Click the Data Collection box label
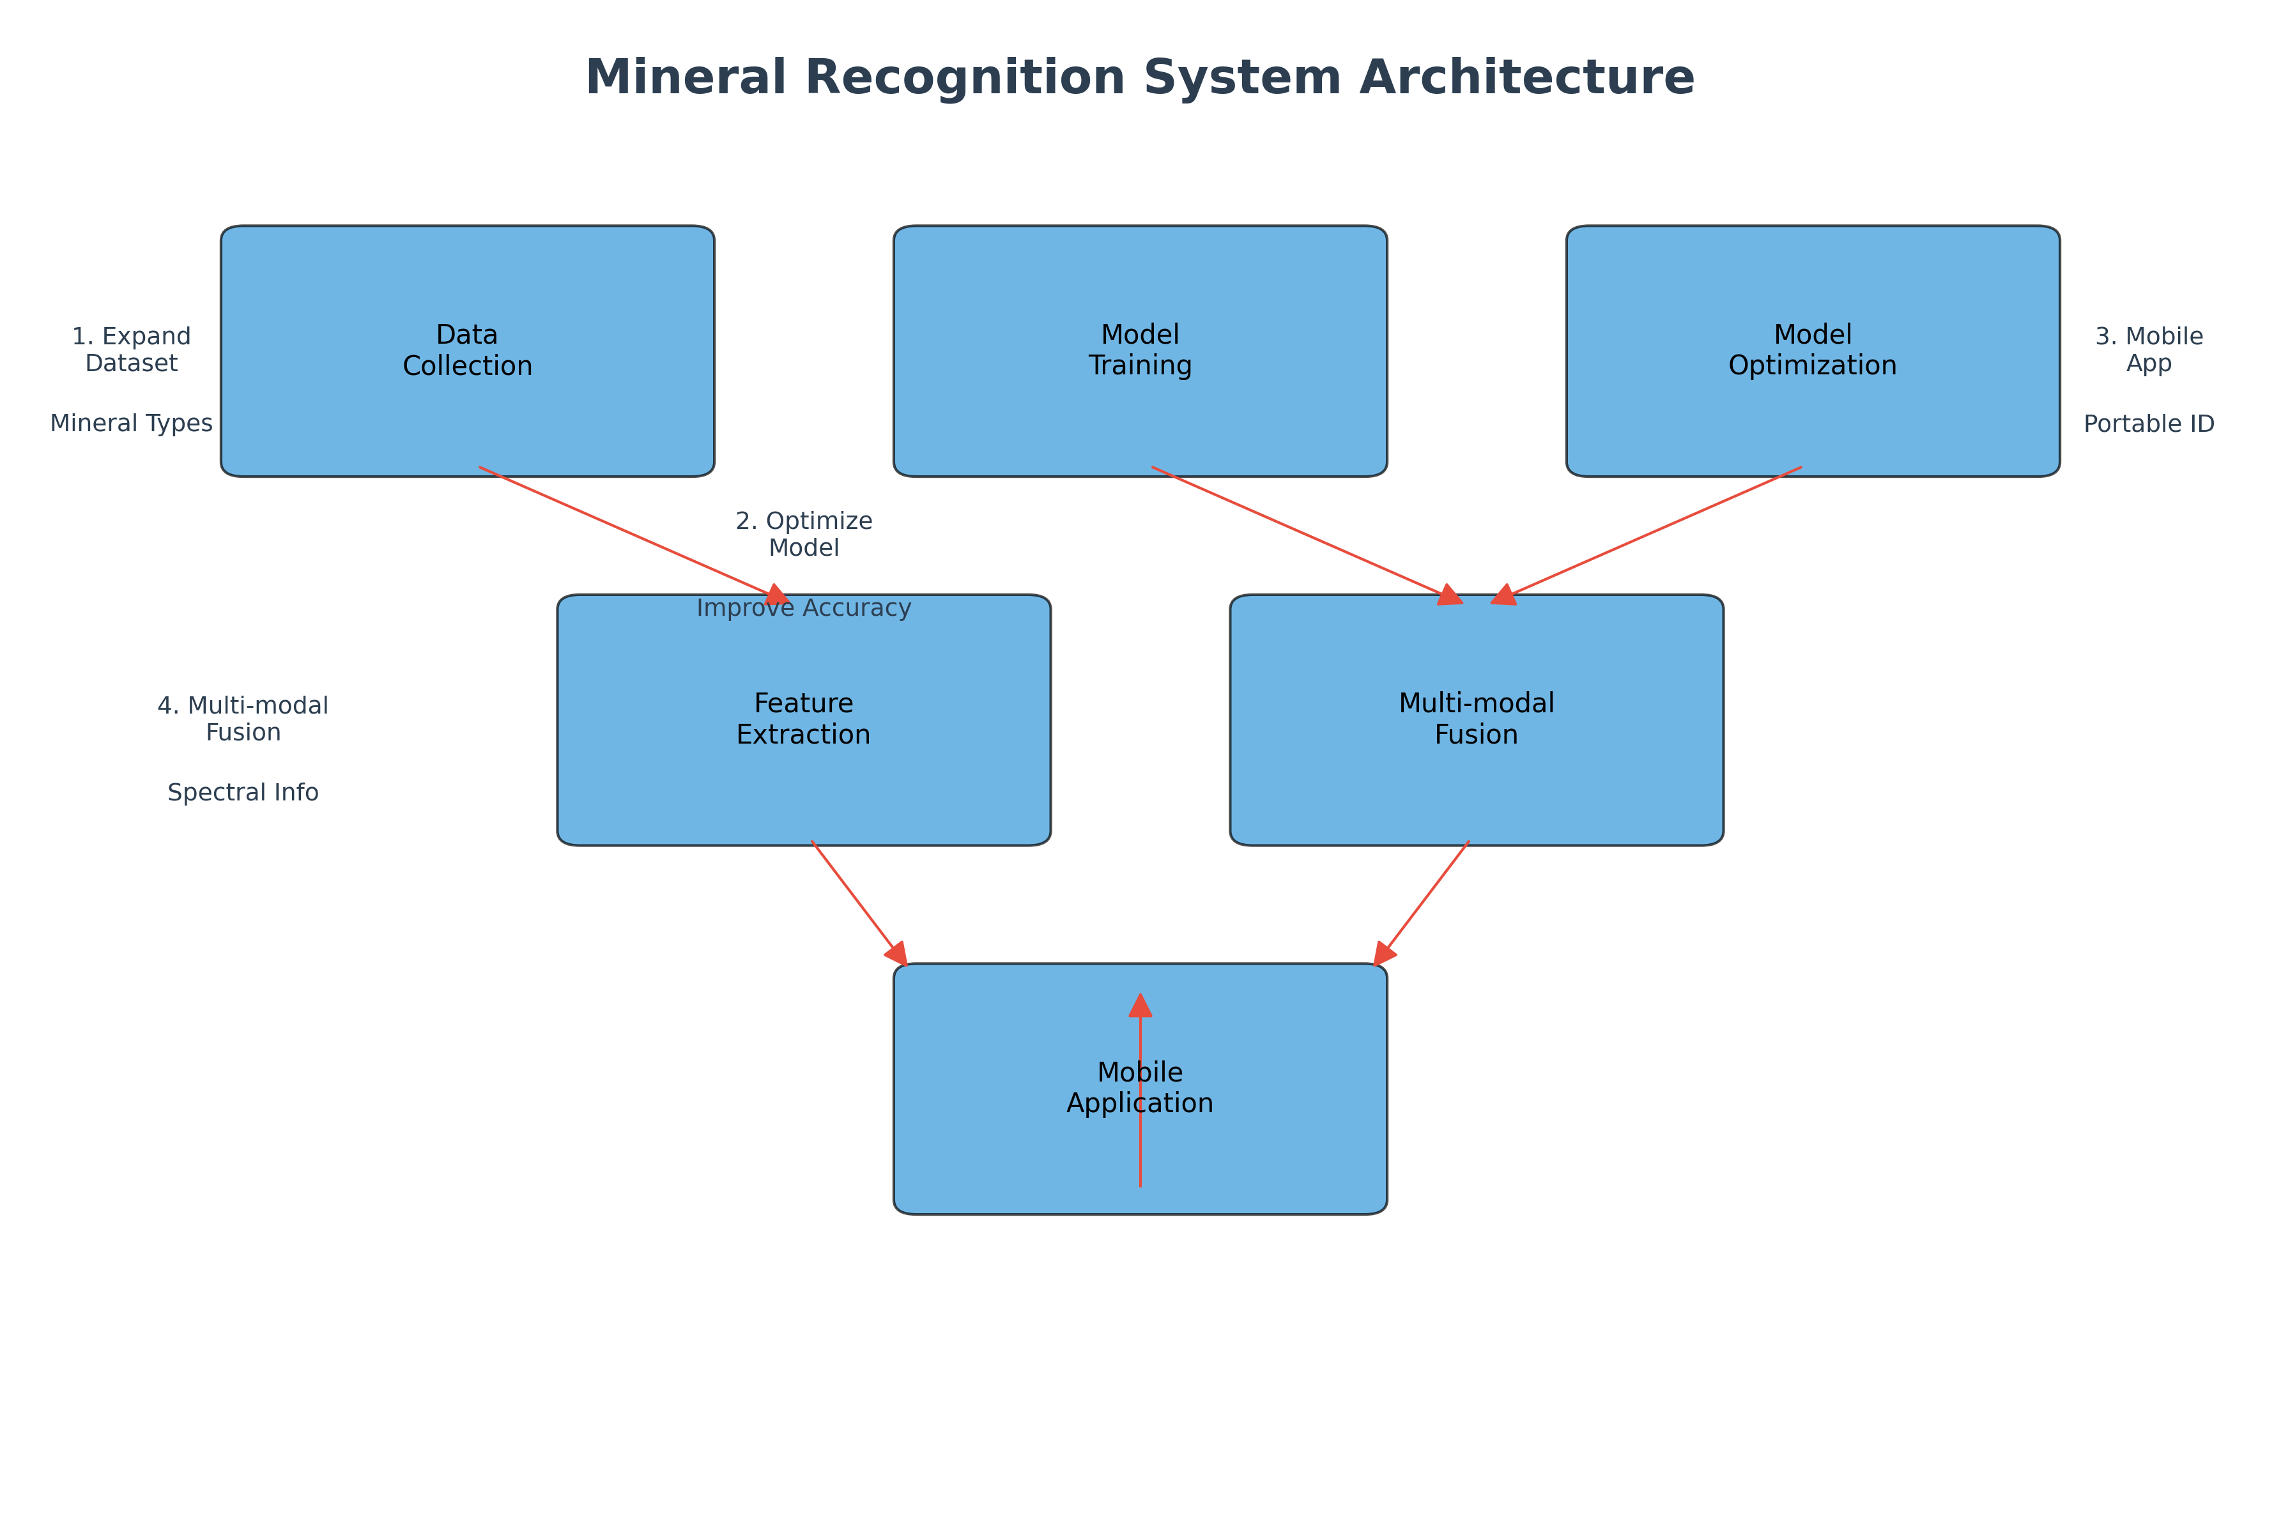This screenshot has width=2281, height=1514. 468,351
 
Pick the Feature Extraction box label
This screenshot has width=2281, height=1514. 804,719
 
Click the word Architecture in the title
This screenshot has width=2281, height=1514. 1527,77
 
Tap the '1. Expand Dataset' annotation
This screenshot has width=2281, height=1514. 132,349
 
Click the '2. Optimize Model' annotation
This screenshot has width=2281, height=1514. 804,534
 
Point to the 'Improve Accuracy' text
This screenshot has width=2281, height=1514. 804,608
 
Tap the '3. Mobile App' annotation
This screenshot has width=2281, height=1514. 2149,349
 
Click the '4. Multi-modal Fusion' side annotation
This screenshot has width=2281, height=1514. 243,719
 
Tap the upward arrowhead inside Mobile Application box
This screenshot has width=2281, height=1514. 1140,1006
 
